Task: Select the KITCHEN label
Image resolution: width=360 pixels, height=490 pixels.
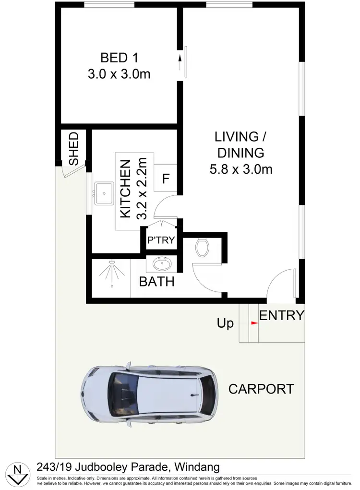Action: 125,189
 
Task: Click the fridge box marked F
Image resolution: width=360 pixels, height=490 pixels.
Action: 166,179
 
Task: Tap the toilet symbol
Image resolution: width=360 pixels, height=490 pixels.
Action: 203,247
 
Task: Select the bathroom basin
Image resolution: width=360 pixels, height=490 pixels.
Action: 162,263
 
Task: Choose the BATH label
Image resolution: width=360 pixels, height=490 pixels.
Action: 156,282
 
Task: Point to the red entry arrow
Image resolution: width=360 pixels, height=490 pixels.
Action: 254,323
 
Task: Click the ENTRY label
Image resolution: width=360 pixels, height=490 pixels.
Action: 282,315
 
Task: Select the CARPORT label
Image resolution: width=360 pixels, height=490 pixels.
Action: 261,389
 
